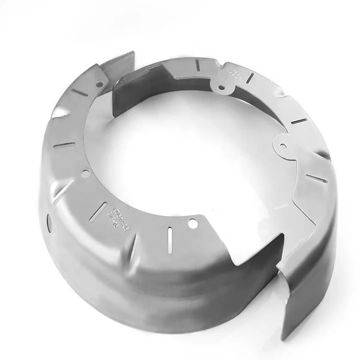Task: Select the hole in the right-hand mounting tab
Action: pos(282,145)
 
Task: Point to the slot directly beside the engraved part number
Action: pos(102,207)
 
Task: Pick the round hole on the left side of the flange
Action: pos(85,172)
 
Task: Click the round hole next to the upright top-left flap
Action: pos(99,84)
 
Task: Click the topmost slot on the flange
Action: pos(197,63)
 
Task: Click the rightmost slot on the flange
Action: pos(316,179)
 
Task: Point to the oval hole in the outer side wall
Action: pos(49,220)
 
